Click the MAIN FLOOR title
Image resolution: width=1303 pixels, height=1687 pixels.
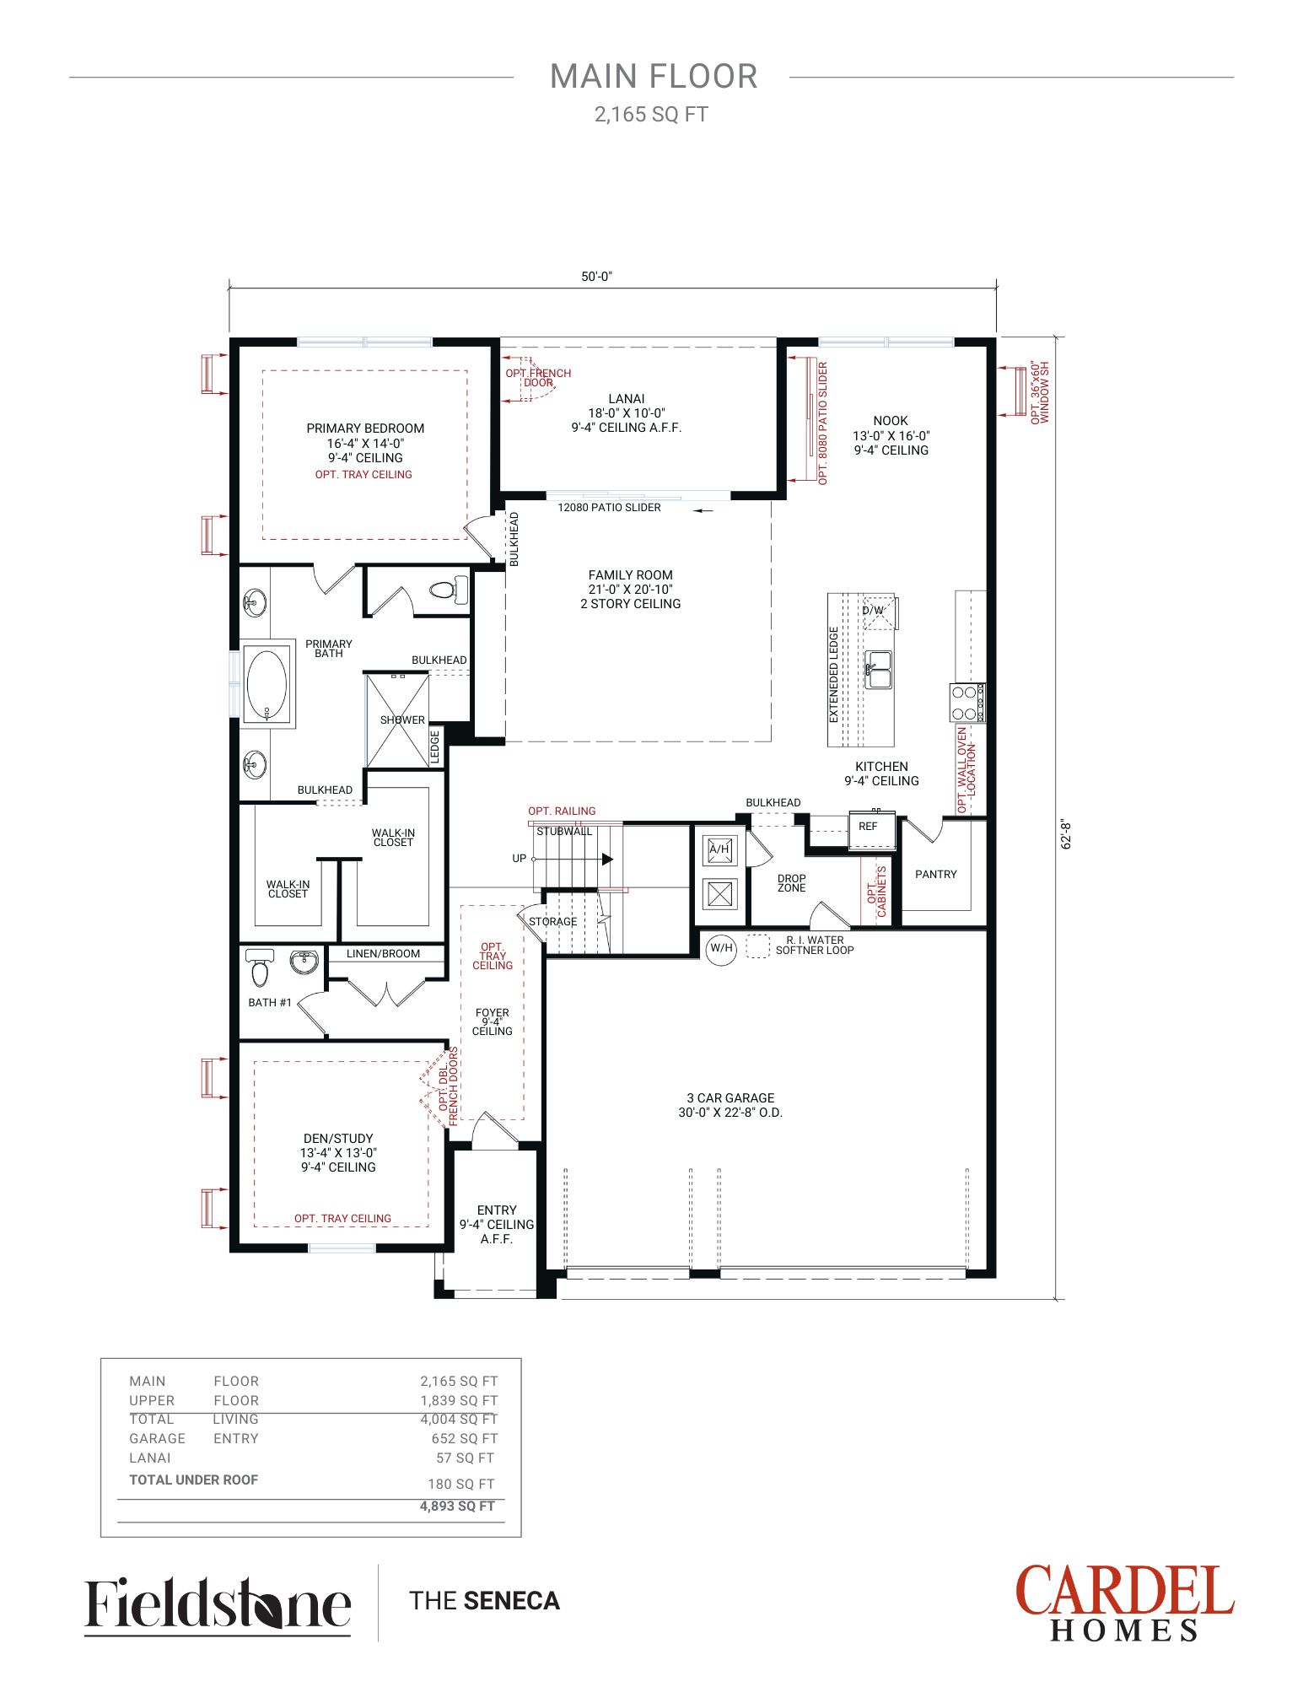[654, 77]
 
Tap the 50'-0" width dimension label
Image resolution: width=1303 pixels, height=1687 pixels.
[596, 277]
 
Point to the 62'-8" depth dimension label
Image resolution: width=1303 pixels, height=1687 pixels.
[1067, 834]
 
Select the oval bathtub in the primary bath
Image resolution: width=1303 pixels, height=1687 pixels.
[267, 683]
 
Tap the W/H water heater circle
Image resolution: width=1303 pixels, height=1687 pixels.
[721, 948]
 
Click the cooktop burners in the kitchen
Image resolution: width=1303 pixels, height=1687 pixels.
[967, 703]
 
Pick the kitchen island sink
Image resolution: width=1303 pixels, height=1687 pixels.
[878, 669]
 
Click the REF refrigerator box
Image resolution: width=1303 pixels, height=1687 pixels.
[870, 830]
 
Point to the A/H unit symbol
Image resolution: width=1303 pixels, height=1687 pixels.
[719, 849]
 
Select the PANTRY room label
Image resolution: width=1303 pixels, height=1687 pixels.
[936, 874]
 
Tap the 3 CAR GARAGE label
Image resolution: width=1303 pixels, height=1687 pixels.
[730, 1097]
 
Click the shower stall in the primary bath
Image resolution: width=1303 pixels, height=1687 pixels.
[397, 720]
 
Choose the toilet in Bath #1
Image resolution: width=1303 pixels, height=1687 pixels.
[260, 967]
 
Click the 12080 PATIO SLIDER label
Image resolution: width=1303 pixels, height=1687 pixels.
[609, 508]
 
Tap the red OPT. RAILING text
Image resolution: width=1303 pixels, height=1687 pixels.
[562, 811]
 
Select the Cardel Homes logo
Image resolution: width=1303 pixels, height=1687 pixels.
[1125, 1603]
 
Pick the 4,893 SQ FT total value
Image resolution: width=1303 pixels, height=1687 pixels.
[457, 1506]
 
